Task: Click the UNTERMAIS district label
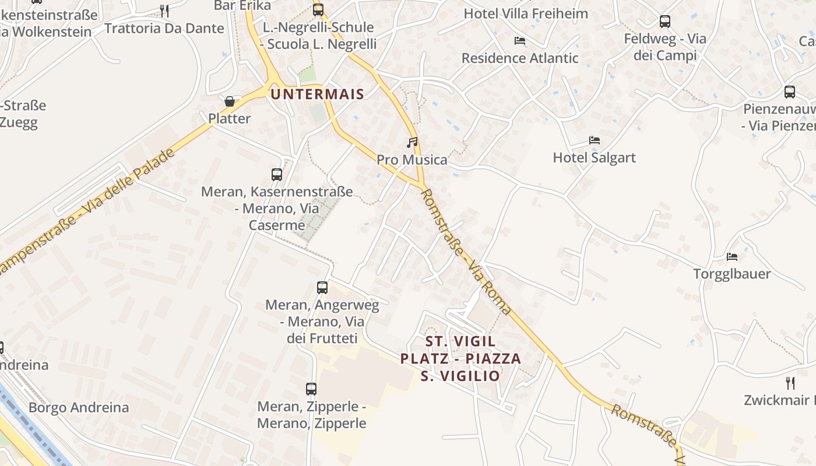pos(318,94)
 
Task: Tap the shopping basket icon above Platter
pos(230,102)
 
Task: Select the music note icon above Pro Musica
pos(412,142)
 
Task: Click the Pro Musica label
pos(412,160)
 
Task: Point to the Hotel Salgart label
pos(594,157)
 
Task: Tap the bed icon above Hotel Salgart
pos(594,140)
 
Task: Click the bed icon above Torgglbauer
pos(732,256)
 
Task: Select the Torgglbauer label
pos(732,274)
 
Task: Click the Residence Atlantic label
pos(520,58)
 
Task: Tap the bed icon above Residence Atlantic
pos(520,41)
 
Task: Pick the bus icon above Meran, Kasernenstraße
pos(277,174)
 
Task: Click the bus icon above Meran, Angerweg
pos(322,287)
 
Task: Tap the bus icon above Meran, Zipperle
pos(311,389)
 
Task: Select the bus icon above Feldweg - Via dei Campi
pos(665,22)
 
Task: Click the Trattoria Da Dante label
pos(164,28)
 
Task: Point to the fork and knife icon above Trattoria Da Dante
pos(164,10)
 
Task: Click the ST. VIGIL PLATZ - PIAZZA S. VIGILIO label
pos(460,358)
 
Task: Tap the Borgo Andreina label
pos(79,407)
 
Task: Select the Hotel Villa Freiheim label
pos(526,13)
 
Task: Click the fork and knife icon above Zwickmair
pos(790,383)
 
